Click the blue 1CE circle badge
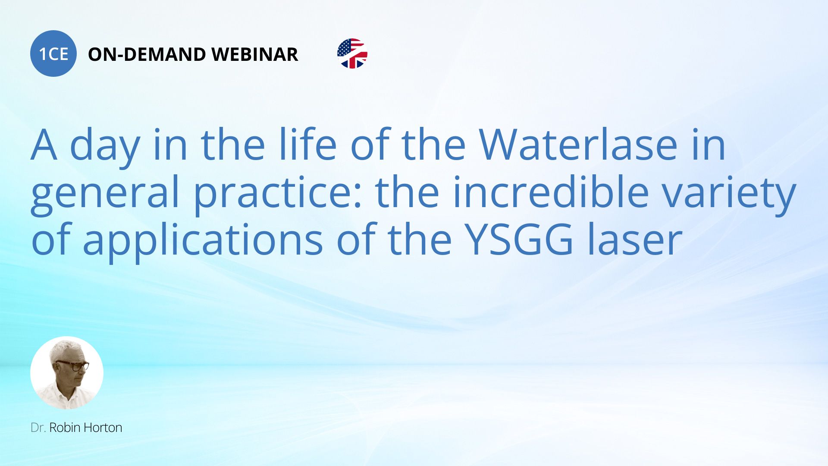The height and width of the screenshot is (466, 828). [53, 54]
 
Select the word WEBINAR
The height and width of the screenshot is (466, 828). [255, 54]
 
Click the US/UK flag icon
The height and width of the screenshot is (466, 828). [352, 54]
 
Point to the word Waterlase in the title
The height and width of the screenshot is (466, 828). [578, 145]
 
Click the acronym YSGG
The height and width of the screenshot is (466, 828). [521, 239]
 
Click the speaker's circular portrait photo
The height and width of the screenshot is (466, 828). [67, 373]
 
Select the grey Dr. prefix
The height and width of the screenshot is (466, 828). [38, 428]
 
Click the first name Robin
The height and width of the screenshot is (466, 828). [65, 428]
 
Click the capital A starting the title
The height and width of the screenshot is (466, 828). [44, 145]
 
